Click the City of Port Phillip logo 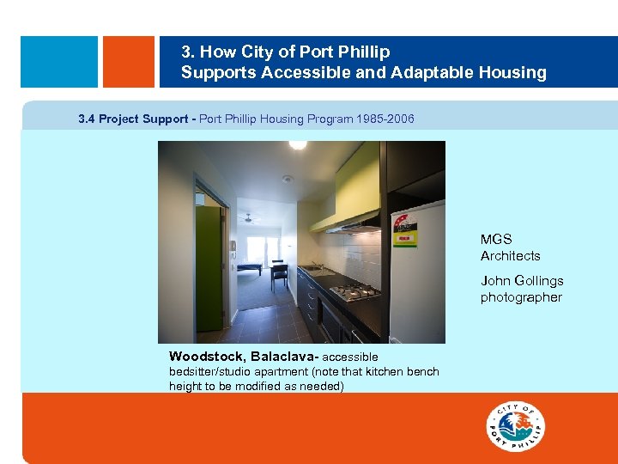coord(516,425)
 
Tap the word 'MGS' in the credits coord(496,239)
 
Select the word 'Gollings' coord(538,280)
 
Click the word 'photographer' coord(521,297)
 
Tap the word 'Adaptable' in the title coord(426,73)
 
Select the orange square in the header coord(128,61)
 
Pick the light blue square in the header coord(59,61)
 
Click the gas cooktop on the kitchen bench coord(355,293)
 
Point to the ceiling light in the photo coord(298,145)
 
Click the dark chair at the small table coord(279,275)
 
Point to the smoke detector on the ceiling coord(288,179)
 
